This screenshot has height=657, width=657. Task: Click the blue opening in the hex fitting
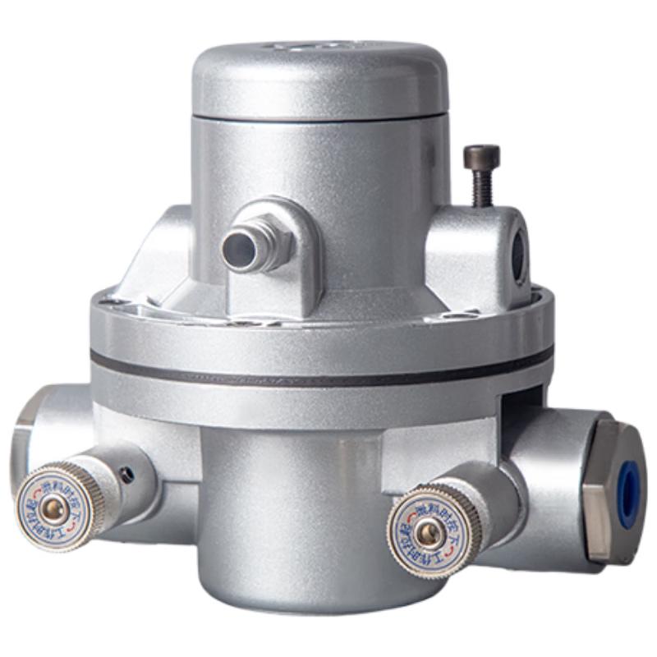pos(629,494)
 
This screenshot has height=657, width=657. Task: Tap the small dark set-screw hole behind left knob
pos(125,474)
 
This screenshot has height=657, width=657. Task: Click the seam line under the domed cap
pos(320,117)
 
